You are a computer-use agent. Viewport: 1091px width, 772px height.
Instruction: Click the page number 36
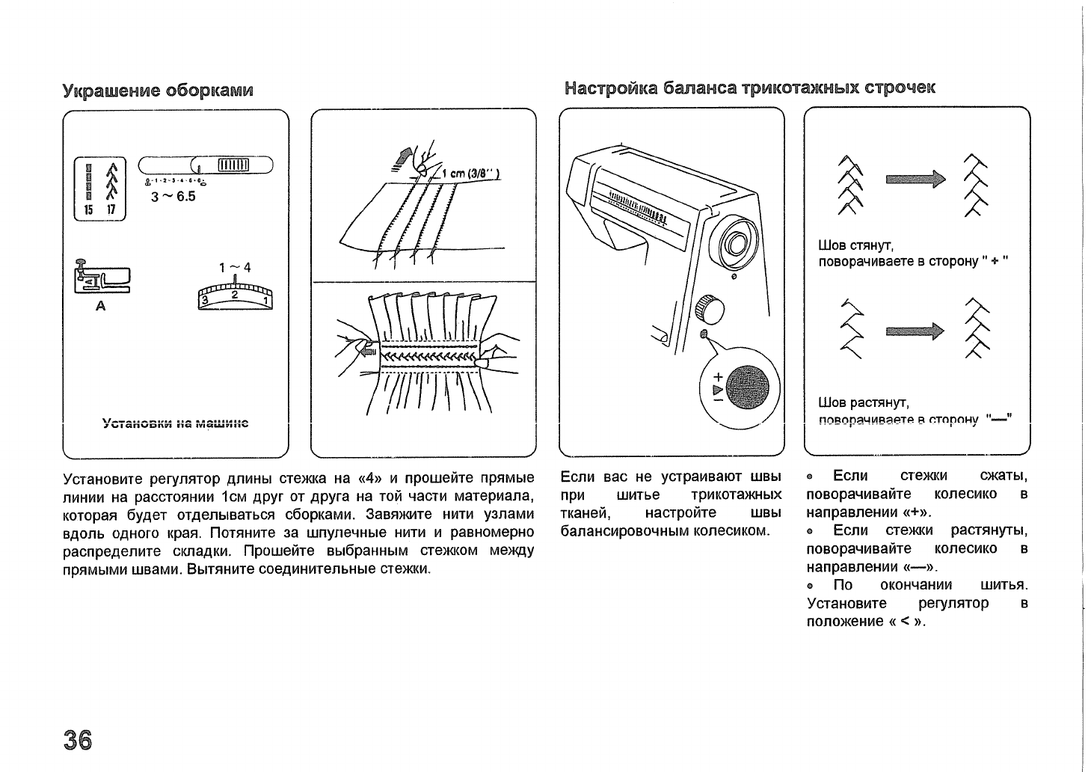tap(77, 740)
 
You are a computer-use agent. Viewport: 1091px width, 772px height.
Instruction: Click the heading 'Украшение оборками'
tap(158, 91)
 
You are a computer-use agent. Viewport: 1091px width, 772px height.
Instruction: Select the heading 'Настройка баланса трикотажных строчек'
tap(750, 88)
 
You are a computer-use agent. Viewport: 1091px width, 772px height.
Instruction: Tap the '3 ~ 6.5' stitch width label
tap(173, 197)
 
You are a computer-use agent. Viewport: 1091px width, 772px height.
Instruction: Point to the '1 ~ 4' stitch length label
tap(235, 268)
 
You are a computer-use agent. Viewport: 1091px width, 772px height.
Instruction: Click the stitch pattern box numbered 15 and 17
tap(101, 189)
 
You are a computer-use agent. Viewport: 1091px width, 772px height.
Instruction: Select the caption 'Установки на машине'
tap(175, 423)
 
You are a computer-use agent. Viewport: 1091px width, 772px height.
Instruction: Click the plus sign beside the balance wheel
tap(719, 377)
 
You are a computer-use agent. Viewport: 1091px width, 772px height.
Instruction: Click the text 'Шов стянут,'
tap(856, 245)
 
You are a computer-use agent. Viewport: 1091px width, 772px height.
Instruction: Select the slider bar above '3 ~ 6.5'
tap(205, 165)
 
